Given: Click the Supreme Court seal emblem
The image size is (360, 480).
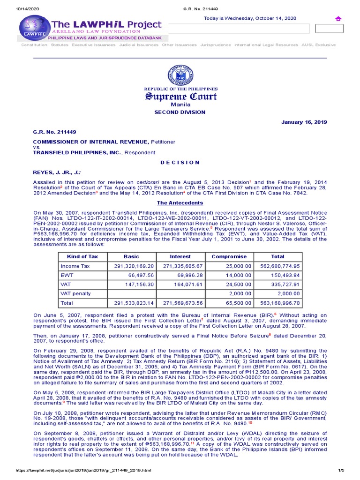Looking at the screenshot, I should pyautogui.click(x=180, y=75).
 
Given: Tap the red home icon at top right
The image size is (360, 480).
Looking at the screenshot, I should pyautogui.click(x=338, y=18).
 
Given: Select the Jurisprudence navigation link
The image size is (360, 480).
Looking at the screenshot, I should pyautogui.click(x=216, y=45).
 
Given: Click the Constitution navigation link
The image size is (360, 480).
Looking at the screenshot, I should pyautogui.click(x=34, y=45).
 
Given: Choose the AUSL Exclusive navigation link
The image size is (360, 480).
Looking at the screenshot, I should pyautogui.click(x=319, y=45).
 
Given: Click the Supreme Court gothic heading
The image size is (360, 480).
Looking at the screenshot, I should pyautogui.click(x=180, y=97).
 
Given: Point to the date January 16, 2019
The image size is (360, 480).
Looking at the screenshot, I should pyautogui.click(x=304, y=122).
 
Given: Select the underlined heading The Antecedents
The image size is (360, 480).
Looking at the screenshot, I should pyautogui.click(x=180, y=203).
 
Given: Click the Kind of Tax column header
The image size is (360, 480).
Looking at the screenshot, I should pyautogui.click(x=83, y=257).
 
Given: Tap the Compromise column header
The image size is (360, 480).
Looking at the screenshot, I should pyautogui.click(x=229, y=257).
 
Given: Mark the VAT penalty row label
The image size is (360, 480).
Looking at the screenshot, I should pyautogui.click(x=75, y=293).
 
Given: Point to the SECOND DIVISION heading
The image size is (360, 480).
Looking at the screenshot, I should pyautogui.click(x=180, y=112).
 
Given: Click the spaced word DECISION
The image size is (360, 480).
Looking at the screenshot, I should pyautogui.click(x=180, y=162).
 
